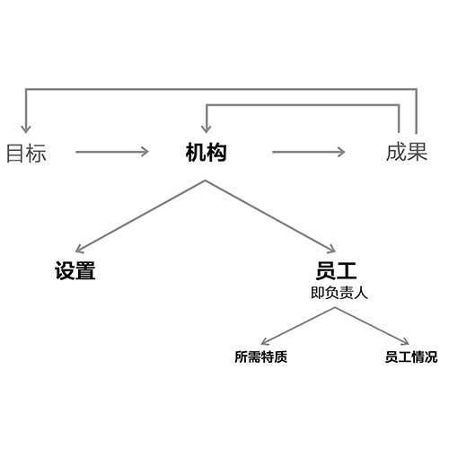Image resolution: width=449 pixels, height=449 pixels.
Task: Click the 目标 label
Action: point(26,153)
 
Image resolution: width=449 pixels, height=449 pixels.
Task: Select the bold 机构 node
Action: point(206,153)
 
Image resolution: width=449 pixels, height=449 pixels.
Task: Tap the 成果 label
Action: point(407,152)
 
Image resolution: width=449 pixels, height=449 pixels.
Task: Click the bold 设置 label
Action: point(75,270)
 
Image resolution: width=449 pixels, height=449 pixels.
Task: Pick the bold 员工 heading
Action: point(336,270)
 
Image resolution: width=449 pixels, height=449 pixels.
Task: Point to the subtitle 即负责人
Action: point(339,293)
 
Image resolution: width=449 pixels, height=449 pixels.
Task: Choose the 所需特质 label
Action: point(260,357)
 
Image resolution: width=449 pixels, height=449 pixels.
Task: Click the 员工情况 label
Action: point(411,357)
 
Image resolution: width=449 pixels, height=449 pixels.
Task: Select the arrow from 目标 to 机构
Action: point(112,152)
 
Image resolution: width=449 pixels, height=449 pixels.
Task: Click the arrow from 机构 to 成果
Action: point(309,152)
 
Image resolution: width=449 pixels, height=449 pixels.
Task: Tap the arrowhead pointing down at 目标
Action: point(26,129)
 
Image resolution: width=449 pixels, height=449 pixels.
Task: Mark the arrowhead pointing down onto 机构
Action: point(206,129)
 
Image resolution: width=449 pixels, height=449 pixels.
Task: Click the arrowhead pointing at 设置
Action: point(79,249)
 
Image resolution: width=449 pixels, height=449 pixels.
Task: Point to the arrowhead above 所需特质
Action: point(265,341)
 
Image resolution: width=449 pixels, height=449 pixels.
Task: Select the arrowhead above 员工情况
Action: point(405,341)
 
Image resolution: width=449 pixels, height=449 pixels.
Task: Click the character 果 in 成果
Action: point(417,152)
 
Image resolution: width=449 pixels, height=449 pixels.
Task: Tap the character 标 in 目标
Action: point(37,153)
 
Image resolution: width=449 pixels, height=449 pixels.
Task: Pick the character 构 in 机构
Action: point(216,153)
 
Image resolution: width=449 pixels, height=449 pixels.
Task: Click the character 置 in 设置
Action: point(85,270)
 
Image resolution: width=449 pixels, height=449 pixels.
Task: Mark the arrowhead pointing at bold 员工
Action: point(331,249)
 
